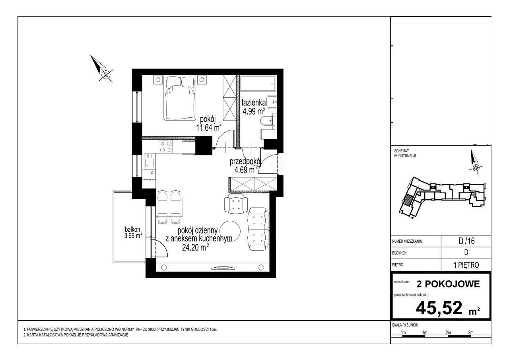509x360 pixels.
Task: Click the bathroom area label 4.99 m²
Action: pyautogui.click(x=254, y=111)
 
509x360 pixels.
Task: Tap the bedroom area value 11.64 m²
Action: pyautogui.click(x=209, y=127)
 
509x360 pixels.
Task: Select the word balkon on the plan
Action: pyautogui.click(x=132, y=230)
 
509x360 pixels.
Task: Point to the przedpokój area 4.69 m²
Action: pyautogui.click(x=246, y=170)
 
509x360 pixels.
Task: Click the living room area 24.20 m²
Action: pyautogui.click(x=196, y=247)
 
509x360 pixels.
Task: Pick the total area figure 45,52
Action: pyautogui.click(x=439, y=308)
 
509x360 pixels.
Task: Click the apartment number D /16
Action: pyautogui.click(x=466, y=241)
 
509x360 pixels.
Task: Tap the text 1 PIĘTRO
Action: pyautogui.click(x=466, y=265)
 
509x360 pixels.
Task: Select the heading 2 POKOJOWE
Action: pyautogui.click(x=448, y=284)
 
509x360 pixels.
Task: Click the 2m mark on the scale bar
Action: pyautogui.click(x=448, y=333)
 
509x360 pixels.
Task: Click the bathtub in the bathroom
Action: pyautogui.click(x=258, y=84)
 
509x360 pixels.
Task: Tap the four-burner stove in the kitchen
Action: pyautogui.click(x=166, y=147)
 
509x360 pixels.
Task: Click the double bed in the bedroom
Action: pyautogui.click(x=181, y=98)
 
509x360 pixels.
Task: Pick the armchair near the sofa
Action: pyautogui.click(x=236, y=205)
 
